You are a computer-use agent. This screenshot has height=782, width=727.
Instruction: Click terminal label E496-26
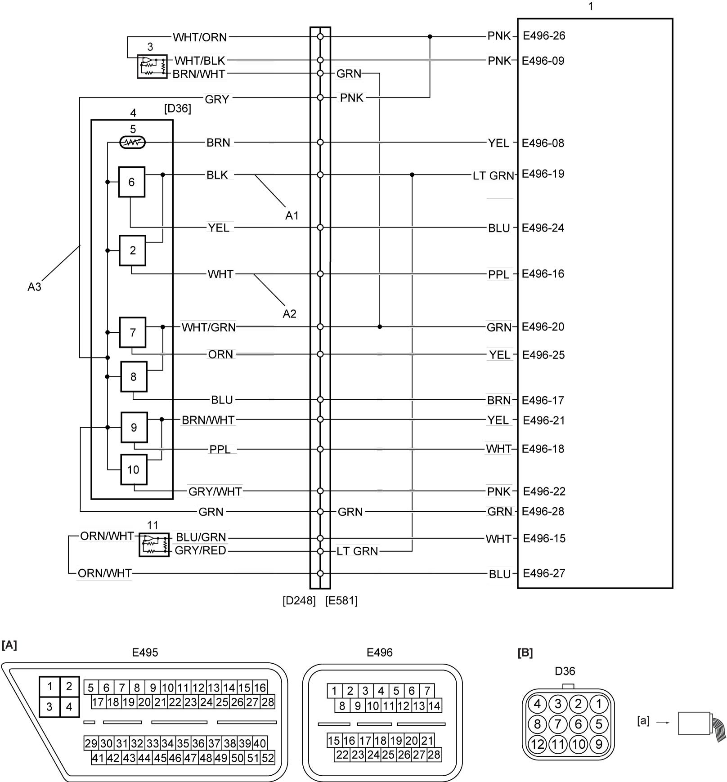click(x=544, y=36)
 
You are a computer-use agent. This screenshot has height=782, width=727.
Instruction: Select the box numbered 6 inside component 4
click(x=132, y=182)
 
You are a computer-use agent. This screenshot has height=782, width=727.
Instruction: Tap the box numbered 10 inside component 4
click(x=134, y=470)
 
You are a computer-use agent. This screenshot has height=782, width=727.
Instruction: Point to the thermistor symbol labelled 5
click(x=133, y=143)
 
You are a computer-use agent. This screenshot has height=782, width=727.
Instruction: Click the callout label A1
click(x=292, y=216)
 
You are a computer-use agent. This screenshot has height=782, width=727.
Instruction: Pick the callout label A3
click(x=34, y=287)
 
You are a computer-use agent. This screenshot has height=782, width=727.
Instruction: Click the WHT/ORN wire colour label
click(x=200, y=37)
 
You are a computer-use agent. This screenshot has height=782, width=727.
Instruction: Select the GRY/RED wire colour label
click(x=200, y=551)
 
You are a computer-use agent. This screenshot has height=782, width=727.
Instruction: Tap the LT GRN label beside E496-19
click(x=493, y=176)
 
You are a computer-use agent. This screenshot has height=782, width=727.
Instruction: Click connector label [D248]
click(x=299, y=601)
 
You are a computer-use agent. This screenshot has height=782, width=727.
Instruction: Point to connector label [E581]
click(x=341, y=601)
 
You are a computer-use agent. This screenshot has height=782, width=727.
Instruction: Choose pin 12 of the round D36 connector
click(x=538, y=744)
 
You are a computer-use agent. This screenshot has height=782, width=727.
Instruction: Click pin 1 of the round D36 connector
click(x=599, y=704)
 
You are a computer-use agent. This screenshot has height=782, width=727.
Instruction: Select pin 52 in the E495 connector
click(x=268, y=758)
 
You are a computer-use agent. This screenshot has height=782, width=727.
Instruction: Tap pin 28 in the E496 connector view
click(x=434, y=755)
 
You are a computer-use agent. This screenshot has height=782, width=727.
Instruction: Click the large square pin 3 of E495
click(x=49, y=707)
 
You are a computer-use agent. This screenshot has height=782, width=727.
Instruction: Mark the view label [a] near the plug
click(x=643, y=721)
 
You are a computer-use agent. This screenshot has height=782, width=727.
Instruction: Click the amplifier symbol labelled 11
click(x=154, y=545)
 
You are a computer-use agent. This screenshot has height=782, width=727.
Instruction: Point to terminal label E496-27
click(x=544, y=574)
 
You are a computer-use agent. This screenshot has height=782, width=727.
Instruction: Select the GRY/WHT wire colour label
click(x=215, y=492)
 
